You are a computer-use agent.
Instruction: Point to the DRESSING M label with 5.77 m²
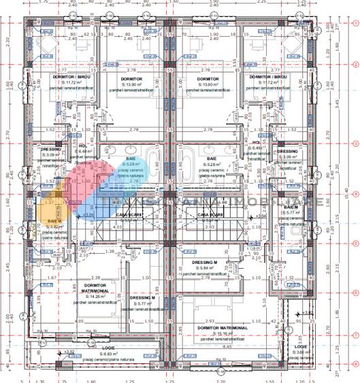point(143,299)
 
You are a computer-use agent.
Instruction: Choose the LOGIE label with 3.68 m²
point(301,348)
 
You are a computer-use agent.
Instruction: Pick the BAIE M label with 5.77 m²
point(291,207)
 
